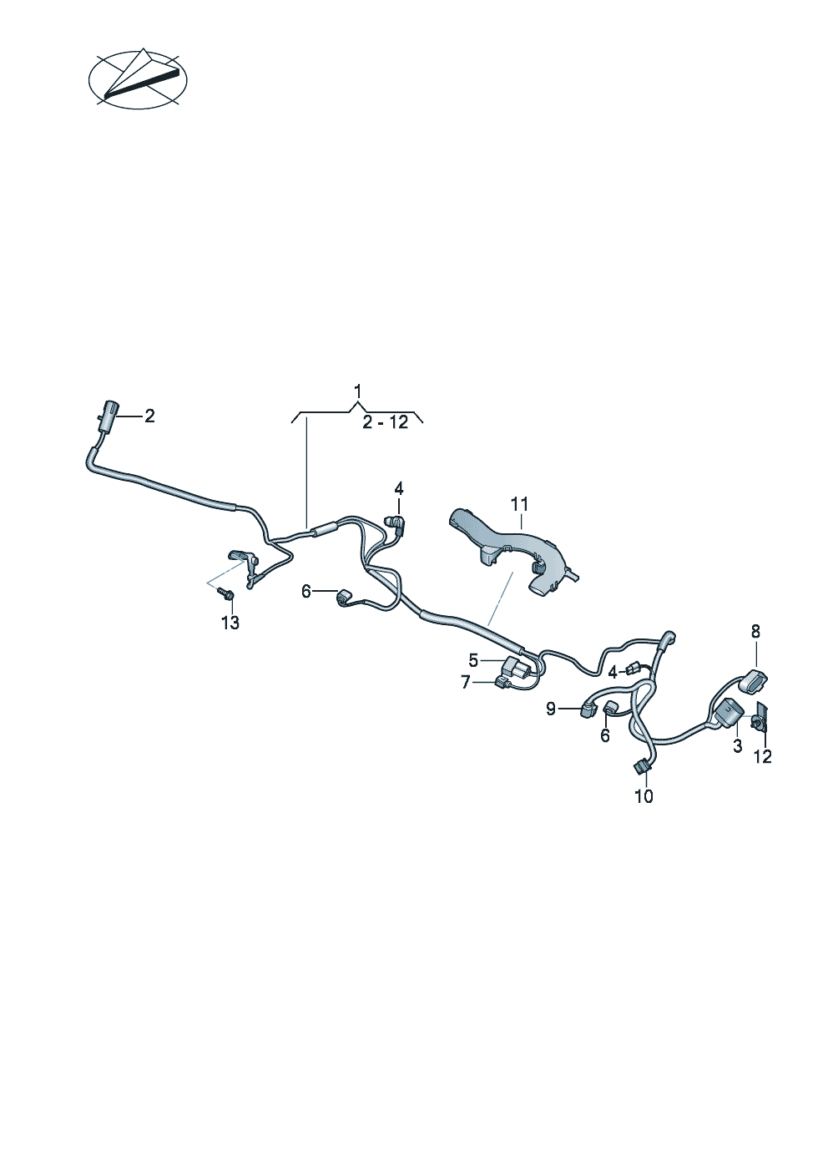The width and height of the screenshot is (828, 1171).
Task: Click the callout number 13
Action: pos(230,622)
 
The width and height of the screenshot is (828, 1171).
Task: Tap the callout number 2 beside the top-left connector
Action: pos(149,416)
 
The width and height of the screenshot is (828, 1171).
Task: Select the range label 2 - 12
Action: pos(386,422)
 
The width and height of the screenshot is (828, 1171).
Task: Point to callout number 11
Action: pos(519,504)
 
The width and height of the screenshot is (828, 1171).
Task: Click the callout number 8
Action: pos(755,631)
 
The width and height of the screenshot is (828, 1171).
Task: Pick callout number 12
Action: pos(762,756)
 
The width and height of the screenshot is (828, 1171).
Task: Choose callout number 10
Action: pos(644,796)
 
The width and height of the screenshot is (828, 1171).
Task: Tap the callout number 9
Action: pos(551,709)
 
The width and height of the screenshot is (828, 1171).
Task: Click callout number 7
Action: pos(466,682)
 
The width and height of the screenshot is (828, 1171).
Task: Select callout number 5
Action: pos(473,661)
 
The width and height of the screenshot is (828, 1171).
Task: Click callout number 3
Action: pos(737,746)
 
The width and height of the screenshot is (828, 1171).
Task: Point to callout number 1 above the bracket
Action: pos(357,391)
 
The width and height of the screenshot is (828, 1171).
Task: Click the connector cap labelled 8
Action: pos(753,679)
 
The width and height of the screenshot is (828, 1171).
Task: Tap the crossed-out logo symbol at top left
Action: pos(138,79)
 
